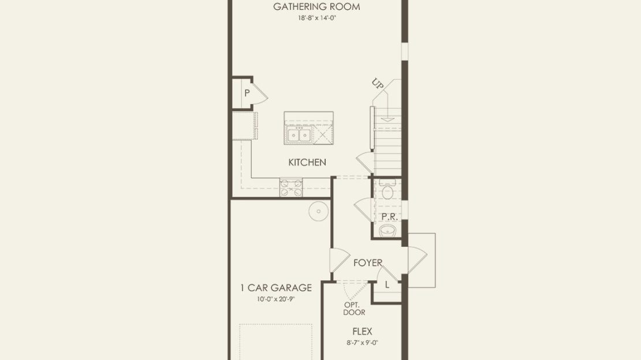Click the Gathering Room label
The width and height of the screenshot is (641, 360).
point(316,6)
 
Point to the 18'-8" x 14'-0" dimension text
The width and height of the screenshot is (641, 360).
point(317,18)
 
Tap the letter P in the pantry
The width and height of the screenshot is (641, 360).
point(247,93)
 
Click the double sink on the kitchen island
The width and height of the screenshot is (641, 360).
point(299,134)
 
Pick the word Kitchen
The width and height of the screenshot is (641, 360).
point(307,162)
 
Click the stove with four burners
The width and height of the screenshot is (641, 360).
point(291,187)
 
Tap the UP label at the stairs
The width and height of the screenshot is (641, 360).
point(378,83)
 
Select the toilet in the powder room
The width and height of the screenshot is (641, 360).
point(387,191)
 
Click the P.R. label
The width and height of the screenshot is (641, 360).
point(390,217)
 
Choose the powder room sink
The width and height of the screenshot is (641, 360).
point(387,231)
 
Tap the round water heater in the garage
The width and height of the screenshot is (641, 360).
point(319,211)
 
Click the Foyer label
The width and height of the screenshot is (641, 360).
point(368,263)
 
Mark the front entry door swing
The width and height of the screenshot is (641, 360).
point(417,260)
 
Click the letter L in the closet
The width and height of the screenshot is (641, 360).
point(387,285)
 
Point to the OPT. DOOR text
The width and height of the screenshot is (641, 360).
point(354,309)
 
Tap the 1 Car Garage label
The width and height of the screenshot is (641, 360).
point(276,288)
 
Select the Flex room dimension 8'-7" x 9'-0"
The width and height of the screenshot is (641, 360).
point(362,343)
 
